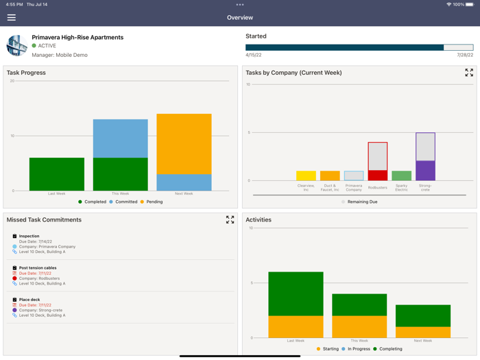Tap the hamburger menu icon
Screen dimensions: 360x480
pos(12,17)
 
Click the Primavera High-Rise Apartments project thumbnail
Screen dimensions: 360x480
pos(16,45)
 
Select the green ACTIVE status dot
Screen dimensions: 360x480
pos(34,46)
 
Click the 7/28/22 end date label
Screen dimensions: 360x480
pos(464,56)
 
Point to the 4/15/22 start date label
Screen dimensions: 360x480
pos(254,56)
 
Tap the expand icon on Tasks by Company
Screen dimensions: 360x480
pos(469,73)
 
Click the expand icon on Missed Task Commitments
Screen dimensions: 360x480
pos(230,220)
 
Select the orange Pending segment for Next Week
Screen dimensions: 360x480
pos(184,143)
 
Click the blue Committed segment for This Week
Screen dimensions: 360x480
pos(120,139)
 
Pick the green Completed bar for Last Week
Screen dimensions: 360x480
pos(57,174)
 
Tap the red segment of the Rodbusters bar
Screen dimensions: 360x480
pos(378,176)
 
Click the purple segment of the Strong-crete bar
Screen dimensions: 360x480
pos(425,171)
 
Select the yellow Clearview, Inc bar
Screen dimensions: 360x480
pos(306,176)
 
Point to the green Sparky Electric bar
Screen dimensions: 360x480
pos(401,176)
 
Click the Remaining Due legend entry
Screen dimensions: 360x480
pos(359,202)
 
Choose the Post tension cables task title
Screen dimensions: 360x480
pos(38,268)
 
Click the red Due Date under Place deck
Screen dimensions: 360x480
pos(35,305)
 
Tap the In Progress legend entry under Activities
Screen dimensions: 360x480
pos(357,349)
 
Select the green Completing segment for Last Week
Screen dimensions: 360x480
pos(296,293)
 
